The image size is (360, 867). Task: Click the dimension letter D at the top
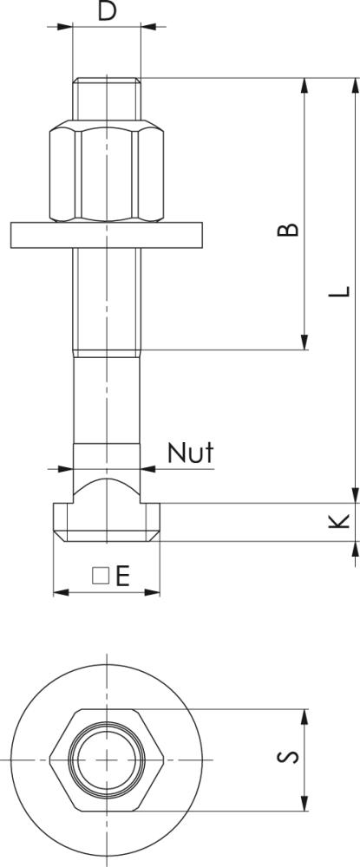click(106, 11)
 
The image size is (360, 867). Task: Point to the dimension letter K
click(341, 520)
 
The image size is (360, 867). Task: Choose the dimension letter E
click(122, 576)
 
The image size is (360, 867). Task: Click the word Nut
click(189, 453)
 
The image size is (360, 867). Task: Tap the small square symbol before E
click(100, 576)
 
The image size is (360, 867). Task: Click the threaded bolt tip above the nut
click(107, 101)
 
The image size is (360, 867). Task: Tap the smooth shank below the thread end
click(107, 399)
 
